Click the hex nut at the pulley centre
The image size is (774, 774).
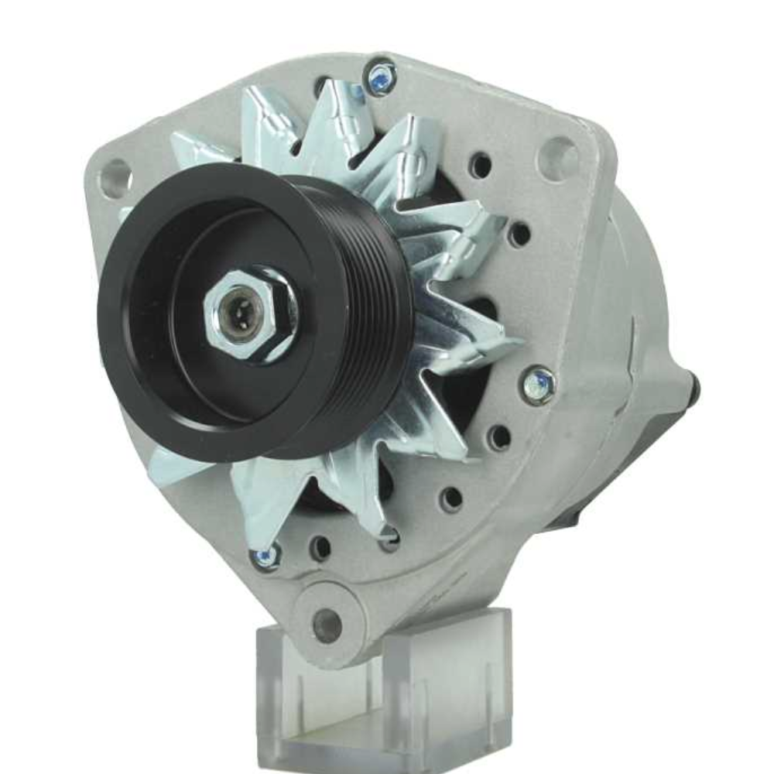249,313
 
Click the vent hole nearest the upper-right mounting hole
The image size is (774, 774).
481,165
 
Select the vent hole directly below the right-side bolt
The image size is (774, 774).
500,437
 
